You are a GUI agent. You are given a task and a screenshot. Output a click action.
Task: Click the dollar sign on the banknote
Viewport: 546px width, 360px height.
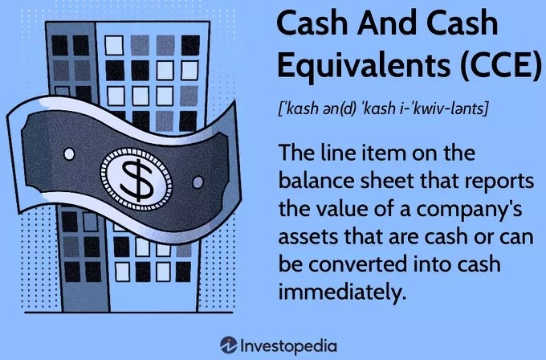[x=136, y=179]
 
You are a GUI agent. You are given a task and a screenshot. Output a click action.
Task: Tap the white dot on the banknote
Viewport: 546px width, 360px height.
[x=69, y=153]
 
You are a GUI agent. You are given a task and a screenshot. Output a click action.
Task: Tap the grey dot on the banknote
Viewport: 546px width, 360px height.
[x=198, y=182]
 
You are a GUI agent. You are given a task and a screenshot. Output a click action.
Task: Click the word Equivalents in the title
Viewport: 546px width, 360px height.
[x=364, y=65]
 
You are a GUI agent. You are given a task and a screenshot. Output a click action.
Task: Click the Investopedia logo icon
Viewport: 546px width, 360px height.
[x=228, y=346]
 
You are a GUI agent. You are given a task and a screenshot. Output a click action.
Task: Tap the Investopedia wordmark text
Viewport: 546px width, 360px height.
[x=289, y=346]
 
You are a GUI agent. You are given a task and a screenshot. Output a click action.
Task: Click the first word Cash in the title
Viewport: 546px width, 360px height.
[x=312, y=23]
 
